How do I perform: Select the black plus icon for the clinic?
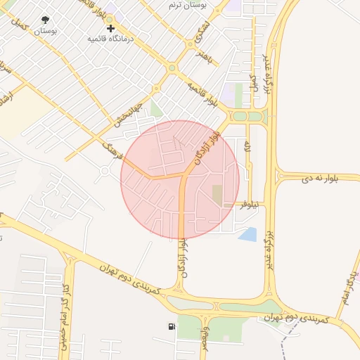(110, 28)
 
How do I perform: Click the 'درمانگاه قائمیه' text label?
(110, 38)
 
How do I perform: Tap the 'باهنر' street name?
(203, 56)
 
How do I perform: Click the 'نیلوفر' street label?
(249, 204)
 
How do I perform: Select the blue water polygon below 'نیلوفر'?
(247, 234)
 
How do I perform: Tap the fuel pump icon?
(172, 326)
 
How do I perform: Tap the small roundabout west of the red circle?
(105, 170)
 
